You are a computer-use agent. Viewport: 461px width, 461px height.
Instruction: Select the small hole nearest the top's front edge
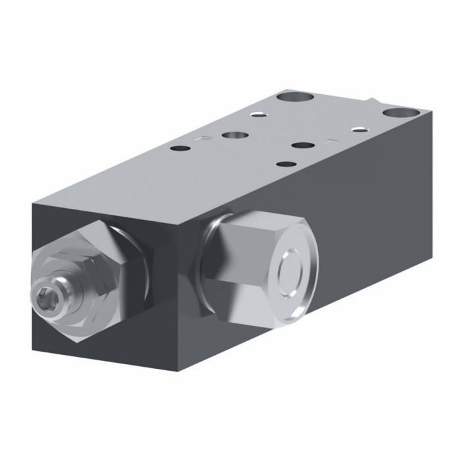click(x=284, y=166)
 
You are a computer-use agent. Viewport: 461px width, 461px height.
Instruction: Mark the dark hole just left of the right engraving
click(x=302, y=146)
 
